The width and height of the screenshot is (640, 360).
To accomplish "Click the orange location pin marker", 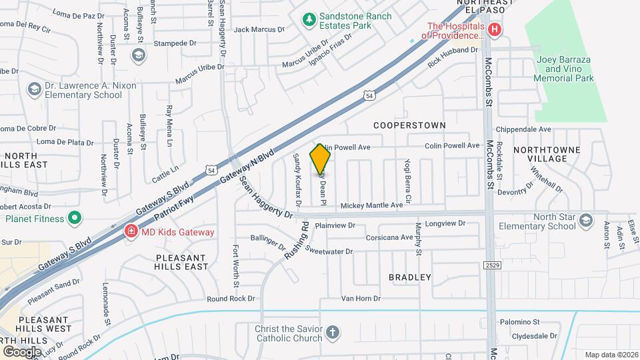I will (321, 159).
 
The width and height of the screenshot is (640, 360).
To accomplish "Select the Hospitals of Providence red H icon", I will (494, 29).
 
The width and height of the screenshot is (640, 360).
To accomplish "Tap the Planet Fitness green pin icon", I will (75, 218).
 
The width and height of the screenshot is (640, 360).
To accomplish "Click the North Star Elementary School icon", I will (585, 220).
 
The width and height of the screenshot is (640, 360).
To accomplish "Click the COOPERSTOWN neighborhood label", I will (409, 125).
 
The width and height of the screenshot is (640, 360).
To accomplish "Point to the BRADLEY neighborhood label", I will (410, 277).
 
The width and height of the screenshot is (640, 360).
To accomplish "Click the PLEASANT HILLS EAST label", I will (182, 262).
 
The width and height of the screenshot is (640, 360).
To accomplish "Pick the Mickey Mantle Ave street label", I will (372, 205).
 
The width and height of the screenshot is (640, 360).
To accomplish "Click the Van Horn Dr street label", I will (361, 299).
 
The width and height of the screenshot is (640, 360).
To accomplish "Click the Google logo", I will (22, 351).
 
